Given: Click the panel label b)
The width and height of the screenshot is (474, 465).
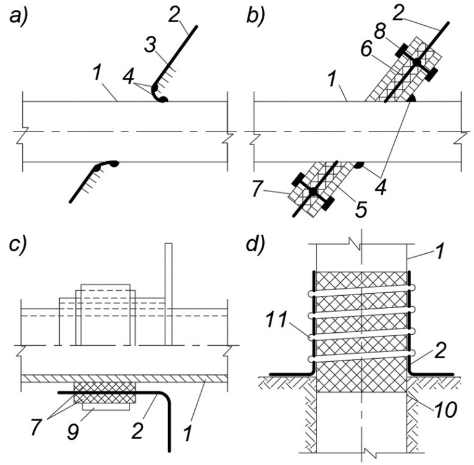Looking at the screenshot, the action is coord(256,15).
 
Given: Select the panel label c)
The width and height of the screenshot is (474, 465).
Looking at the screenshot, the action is coord(18,245).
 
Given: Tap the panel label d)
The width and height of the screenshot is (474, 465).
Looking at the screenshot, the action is coord(256,245).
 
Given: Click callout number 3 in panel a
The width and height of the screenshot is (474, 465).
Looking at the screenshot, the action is coord(150,44).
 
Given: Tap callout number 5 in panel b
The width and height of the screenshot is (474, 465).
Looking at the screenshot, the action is coord(361,209).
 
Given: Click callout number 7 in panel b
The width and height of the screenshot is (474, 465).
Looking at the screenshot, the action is coord(256,188).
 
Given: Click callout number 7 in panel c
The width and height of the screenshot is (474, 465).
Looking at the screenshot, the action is coord(36,427).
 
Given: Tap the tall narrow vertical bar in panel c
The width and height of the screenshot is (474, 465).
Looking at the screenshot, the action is coord(168,294).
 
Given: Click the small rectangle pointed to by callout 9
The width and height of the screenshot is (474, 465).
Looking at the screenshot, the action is coord(106,407).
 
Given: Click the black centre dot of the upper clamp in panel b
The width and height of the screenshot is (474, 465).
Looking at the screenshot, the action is coord(417,62).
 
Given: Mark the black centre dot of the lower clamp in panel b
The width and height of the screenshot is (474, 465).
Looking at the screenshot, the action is coord(313,192).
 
